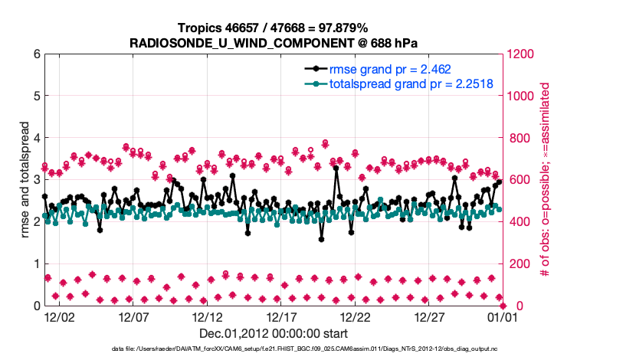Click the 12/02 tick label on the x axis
[x=59, y=316]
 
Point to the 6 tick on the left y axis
[x=35, y=54]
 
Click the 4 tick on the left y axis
[x=35, y=139]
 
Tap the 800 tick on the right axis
[x=516, y=139]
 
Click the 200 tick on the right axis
[x=516, y=264]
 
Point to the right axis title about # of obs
[x=546, y=180]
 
